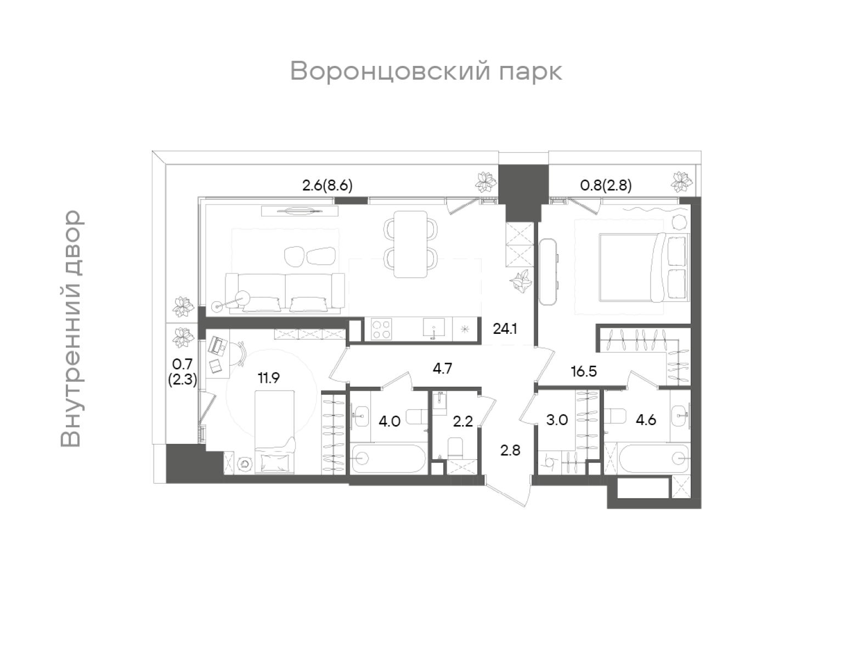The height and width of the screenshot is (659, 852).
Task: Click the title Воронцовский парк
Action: (x=426, y=71)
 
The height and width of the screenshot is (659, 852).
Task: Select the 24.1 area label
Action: (x=505, y=329)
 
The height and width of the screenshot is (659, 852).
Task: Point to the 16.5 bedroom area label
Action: (x=583, y=371)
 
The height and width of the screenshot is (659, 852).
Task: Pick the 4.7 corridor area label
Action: (x=442, y=368)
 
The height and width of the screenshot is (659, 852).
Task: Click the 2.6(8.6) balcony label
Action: (x=327, y=186)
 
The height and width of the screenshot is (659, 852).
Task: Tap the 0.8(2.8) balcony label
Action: (x=606, y=186)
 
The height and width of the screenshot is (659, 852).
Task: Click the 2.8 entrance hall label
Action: (x=510, y=450)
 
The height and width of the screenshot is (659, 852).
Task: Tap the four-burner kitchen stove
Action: (x=381, y=329)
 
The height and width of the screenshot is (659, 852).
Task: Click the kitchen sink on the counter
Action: (x=435, y=329)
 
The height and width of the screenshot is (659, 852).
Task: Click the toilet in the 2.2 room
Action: (x=455, y=448)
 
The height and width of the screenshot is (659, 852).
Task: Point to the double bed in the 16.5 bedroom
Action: (x=631, y=267)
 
